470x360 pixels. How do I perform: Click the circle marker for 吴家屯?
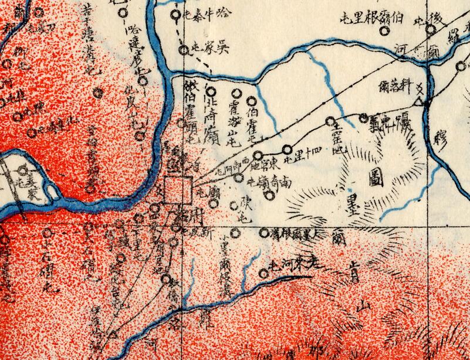tap(184, 50)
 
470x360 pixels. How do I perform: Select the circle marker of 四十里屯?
tap(287, 149)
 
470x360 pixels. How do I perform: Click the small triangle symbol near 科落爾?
tap(418, 102)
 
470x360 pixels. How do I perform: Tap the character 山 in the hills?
tap(364, 305)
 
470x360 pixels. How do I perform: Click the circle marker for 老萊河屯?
tap(263, 273)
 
